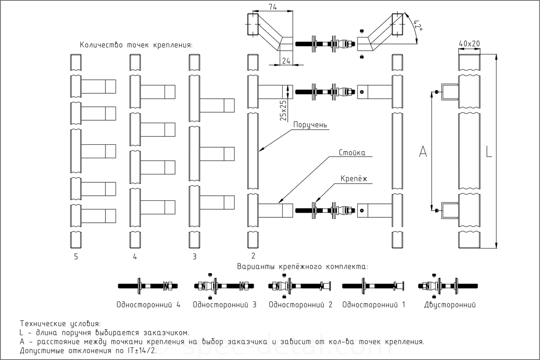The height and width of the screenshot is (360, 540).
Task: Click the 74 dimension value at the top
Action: [x=273, y=7]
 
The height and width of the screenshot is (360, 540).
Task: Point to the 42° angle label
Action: [x=418, y=25]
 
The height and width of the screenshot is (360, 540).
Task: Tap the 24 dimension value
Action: [x=286, y=61]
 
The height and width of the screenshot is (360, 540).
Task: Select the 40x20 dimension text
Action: [x=469, y=43]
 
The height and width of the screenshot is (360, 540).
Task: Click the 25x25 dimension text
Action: [x=283, y=111]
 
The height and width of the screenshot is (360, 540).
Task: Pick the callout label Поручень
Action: [x=310, y=125]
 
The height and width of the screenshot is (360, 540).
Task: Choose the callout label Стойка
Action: [x=352, y=153]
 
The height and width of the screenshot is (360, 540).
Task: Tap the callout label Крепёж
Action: [x=354, y=179]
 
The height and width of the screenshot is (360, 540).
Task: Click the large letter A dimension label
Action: [x=423, y=152]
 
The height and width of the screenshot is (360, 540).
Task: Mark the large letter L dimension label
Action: [x=489, y=152]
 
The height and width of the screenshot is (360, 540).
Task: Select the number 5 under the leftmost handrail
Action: [x=76, y=257]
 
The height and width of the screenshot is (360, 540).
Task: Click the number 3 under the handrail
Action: [x=194, y=257]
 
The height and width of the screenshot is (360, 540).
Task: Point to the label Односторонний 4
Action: [x=148, y=305]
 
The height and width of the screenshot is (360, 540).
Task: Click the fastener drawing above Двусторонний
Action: [x=448, y=286]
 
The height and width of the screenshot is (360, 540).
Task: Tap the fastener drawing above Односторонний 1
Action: [x=373, y=286]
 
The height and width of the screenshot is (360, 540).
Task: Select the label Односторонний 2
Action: [x=301, y=305]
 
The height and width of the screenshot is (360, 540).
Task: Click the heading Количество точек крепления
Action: [x=136, y=45]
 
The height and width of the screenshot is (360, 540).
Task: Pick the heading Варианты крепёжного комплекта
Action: [x=302, y=267]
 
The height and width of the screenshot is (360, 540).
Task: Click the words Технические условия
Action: [x=60, y=324]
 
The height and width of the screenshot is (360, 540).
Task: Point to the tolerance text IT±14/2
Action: [x=142, y=351]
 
